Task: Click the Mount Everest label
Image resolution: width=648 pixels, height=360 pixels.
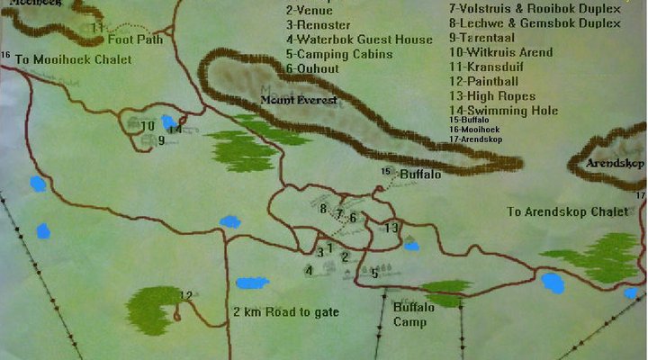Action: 300,100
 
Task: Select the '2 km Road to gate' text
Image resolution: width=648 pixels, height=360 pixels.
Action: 285,312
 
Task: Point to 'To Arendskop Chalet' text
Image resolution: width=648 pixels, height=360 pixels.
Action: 566,211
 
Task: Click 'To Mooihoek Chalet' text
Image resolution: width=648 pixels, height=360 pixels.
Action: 73,59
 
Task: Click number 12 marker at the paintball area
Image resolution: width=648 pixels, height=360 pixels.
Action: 186,295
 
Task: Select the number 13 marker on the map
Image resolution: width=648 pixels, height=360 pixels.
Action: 391,228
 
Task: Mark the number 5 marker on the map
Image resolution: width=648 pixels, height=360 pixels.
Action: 375,274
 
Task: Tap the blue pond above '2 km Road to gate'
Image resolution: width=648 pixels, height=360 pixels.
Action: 252,283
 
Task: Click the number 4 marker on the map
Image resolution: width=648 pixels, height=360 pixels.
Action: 309,270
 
